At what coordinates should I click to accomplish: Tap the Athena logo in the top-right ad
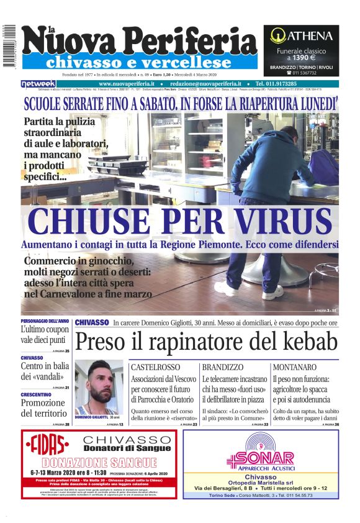click(x=301, y=35)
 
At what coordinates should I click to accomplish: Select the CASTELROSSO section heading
click(x=155, y=367)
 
